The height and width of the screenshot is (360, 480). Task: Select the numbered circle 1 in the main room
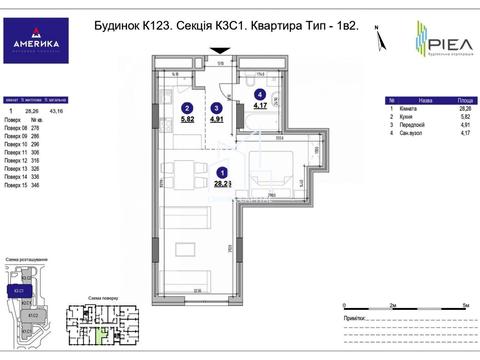221,173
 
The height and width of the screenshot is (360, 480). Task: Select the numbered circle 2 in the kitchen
186,107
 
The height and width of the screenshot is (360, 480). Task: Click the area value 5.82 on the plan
187,120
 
